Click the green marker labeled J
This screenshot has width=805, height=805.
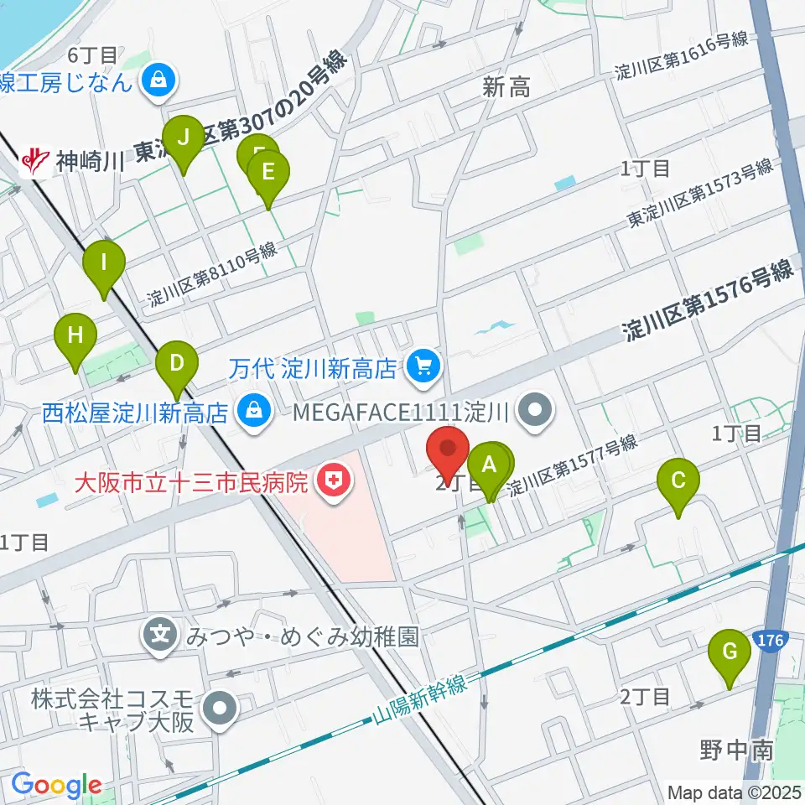click(x=183, y=136)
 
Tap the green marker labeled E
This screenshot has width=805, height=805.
click(x=268, y=173)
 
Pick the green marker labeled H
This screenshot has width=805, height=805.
click(x=75, y=336)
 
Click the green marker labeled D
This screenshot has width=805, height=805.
click(x=177, y=364)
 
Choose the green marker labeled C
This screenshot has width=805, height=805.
click(x=678, y=482)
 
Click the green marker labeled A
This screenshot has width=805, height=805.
click(x=489, y=465)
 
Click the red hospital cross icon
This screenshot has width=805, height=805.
click(x=334, y=480)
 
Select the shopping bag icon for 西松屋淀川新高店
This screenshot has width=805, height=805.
click(x=250, y=412)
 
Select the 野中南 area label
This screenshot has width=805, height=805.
click(x=736, y=749)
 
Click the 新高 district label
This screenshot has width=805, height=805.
click(x=506, y=87)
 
